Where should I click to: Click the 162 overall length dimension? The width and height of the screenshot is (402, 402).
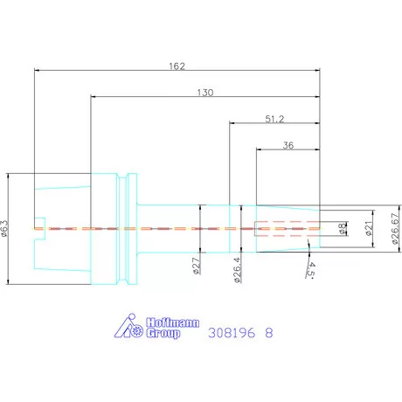(x=177, y=66)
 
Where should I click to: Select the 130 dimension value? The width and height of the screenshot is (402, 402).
(x=205, y=93)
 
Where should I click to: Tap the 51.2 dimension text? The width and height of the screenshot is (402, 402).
(x=274, y=119)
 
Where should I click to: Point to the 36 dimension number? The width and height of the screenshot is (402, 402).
(x=288, y=145)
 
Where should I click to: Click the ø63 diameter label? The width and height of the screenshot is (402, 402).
(x=4, y=228)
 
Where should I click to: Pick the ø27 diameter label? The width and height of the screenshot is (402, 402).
(x=197, y=266)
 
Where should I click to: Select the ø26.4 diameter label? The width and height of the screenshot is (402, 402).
(x=238, y=270)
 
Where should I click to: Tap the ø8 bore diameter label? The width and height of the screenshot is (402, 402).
(x=343, y=228)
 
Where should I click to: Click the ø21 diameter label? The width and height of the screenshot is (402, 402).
(x=369, y=228)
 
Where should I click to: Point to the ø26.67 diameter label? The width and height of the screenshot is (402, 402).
(x=395, y=229)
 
